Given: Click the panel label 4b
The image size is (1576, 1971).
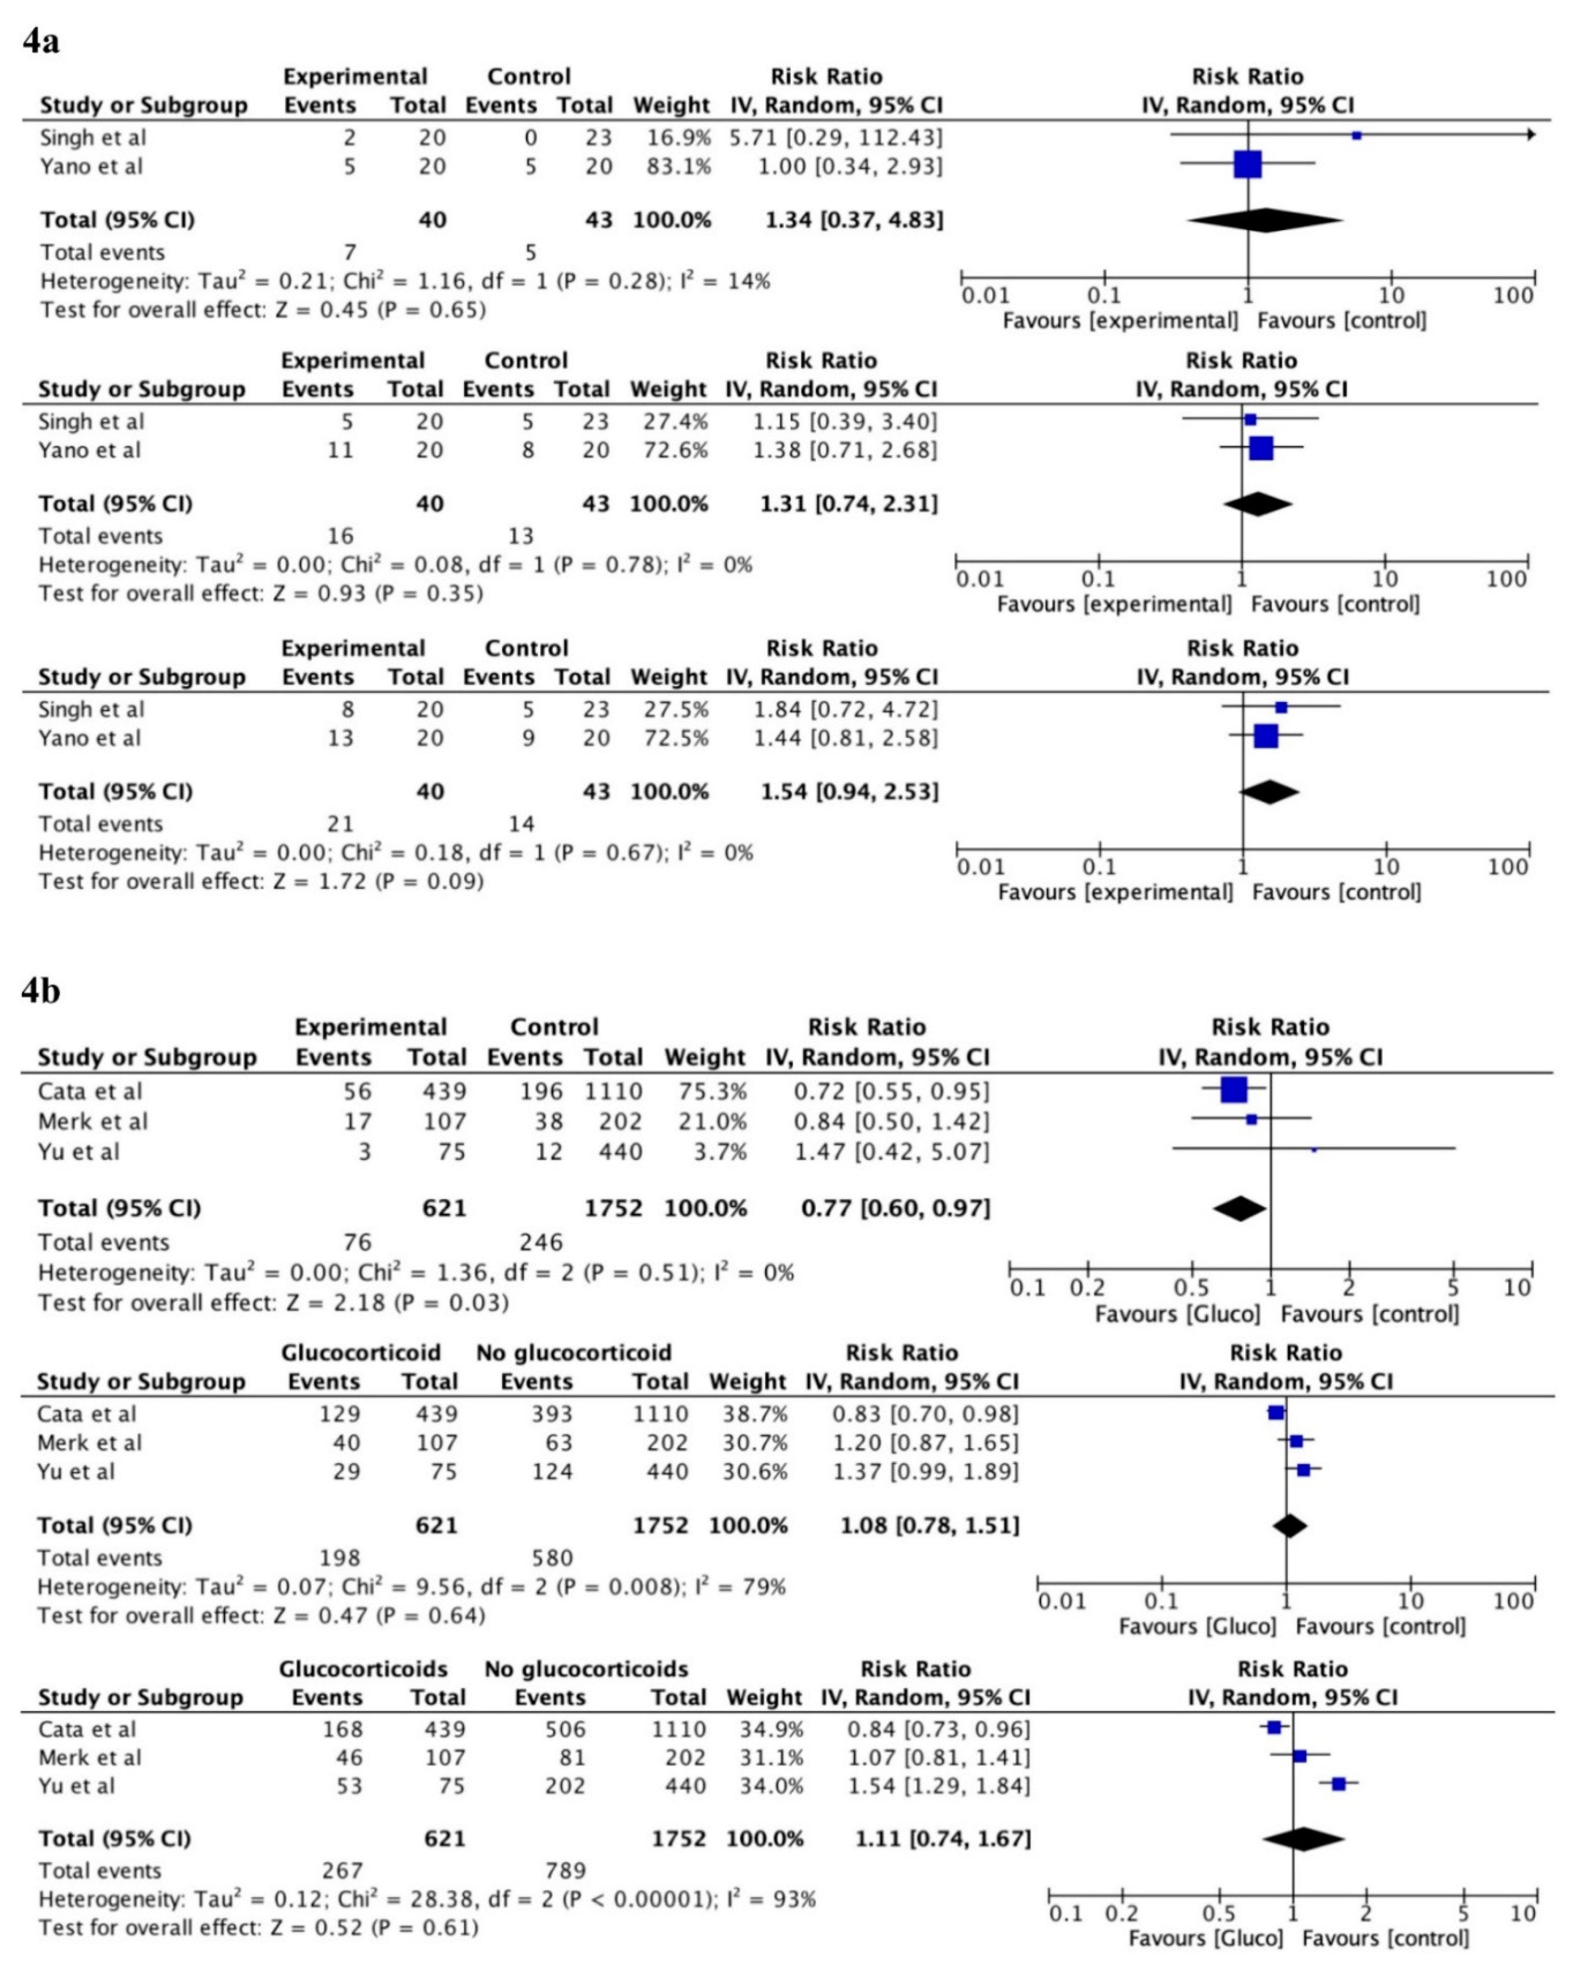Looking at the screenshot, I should (41, 990).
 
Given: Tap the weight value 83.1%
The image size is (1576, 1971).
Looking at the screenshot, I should (672, 166).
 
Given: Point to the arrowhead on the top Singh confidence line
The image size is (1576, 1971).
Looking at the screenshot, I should (1530, 135).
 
